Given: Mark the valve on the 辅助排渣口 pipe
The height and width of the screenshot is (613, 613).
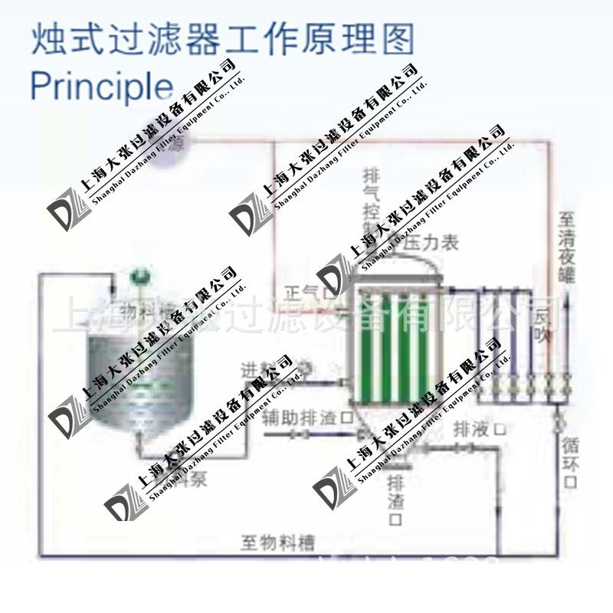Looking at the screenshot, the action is (x=296, y=434).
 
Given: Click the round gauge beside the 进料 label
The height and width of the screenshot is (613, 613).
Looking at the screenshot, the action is (x=307, y=368).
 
